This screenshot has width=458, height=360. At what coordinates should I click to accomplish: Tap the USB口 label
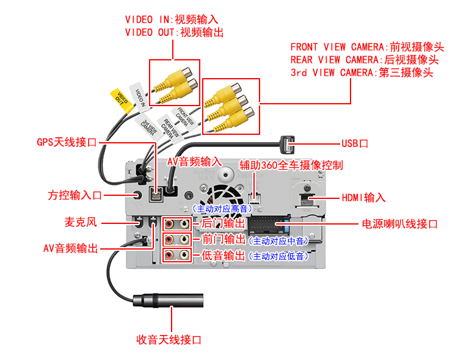tap(354, 144)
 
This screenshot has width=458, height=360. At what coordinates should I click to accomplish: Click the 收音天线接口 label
tap(169, 339)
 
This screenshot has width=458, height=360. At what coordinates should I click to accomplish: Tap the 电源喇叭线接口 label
tap(400, 224)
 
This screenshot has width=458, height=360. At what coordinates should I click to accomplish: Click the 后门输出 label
tap(223, 224)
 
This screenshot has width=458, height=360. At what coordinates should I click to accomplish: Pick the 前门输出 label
tap(223, 240)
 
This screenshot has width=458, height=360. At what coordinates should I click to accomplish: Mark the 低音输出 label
tap(223, 255)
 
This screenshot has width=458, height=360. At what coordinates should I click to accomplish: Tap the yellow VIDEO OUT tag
tap(121, 100)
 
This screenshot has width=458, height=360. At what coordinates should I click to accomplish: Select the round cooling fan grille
tap(222, 195)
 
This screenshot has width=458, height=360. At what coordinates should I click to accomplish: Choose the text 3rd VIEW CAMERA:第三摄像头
tap(362, 73)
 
